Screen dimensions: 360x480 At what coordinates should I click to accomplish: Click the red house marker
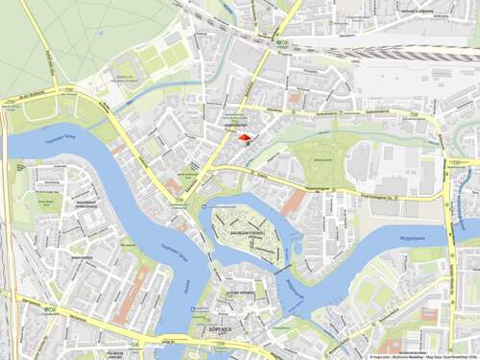point(244,138)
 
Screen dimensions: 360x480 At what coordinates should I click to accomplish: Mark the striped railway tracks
point(413,55)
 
